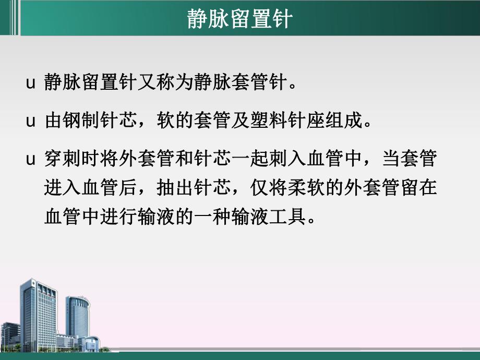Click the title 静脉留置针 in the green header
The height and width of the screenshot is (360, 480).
240,20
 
